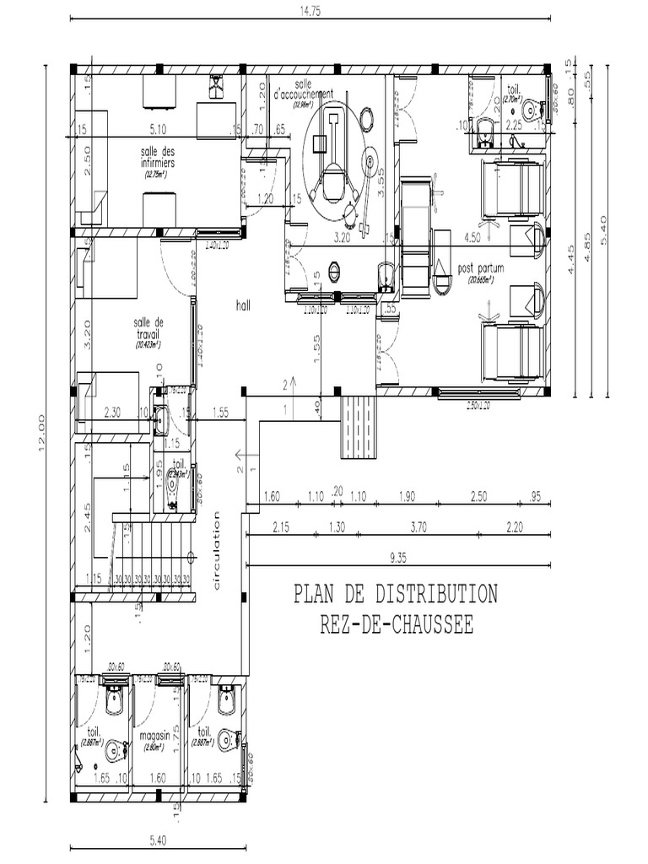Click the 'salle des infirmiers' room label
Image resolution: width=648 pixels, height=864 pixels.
[158, 157]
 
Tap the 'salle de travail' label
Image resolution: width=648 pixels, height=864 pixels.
[148, 327]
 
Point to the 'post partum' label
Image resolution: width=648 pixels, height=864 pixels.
[481, 268]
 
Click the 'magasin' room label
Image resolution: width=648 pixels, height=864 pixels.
[157, 736]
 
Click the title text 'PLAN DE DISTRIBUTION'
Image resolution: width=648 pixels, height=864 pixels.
[395, 594]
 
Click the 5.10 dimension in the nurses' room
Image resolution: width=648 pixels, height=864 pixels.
[159, 130]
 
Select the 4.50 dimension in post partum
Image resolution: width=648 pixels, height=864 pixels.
[472, 239]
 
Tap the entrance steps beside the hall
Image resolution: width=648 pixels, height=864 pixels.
[359, 426]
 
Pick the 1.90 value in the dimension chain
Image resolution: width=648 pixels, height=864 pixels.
[407, 497]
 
